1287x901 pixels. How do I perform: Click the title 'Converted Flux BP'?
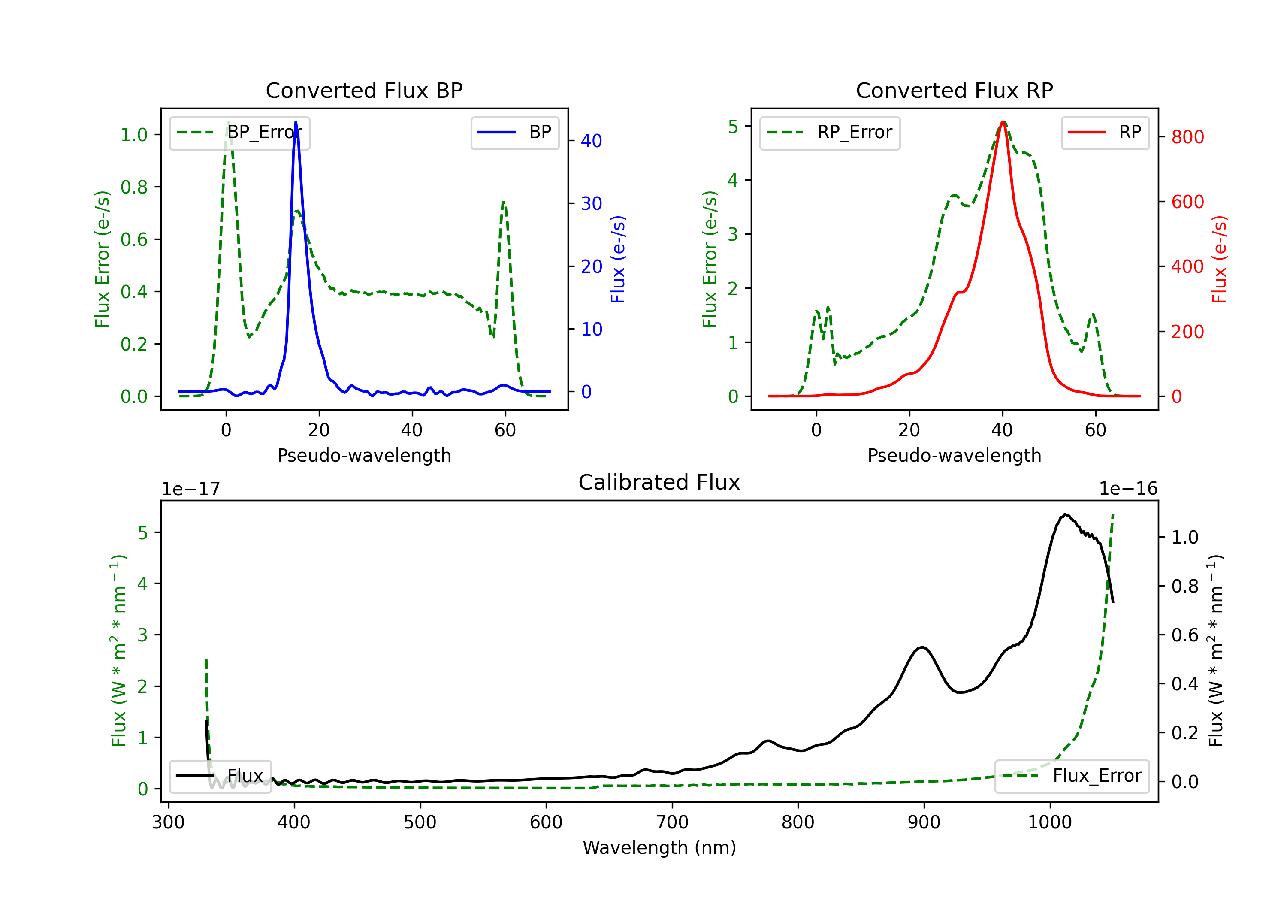pos(364,90)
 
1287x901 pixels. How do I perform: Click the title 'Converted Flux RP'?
pos(954,90)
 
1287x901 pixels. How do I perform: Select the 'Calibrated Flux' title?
pos(659,482)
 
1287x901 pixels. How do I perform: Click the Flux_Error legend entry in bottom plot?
pos(1072,776)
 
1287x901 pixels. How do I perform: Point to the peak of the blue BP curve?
pos(296,122)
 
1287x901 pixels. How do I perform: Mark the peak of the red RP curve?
pos(1003,122)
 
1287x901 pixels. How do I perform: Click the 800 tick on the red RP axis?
pos(1187,137)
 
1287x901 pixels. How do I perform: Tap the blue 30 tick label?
pos(591,203)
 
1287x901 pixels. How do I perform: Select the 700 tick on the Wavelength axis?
pos(671,822)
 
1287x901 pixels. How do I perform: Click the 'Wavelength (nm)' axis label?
pos(659,847)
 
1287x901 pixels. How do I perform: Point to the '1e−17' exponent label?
pos(190,489)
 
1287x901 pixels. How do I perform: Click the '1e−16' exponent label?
pos(1128,489)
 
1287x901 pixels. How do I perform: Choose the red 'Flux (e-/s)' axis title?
pos(1220,260)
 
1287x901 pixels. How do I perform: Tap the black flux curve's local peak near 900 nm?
pos(922,647)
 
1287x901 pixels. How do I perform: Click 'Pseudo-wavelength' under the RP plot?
pos(954,455)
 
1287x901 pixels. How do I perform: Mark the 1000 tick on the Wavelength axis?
pos(1049,822)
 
